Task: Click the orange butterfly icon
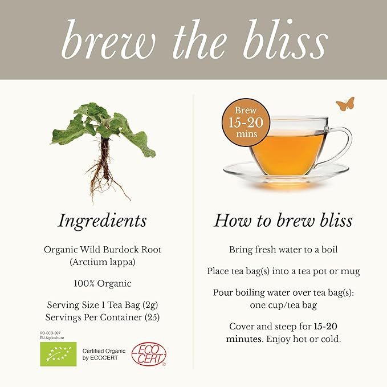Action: click(x=345, y=104)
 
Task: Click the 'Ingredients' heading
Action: click(x=102, y=221)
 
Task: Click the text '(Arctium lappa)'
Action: click(x=103, y=263)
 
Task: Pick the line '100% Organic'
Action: click(x=103, y=283)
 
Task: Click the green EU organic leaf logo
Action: click(x=58, y=354)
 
